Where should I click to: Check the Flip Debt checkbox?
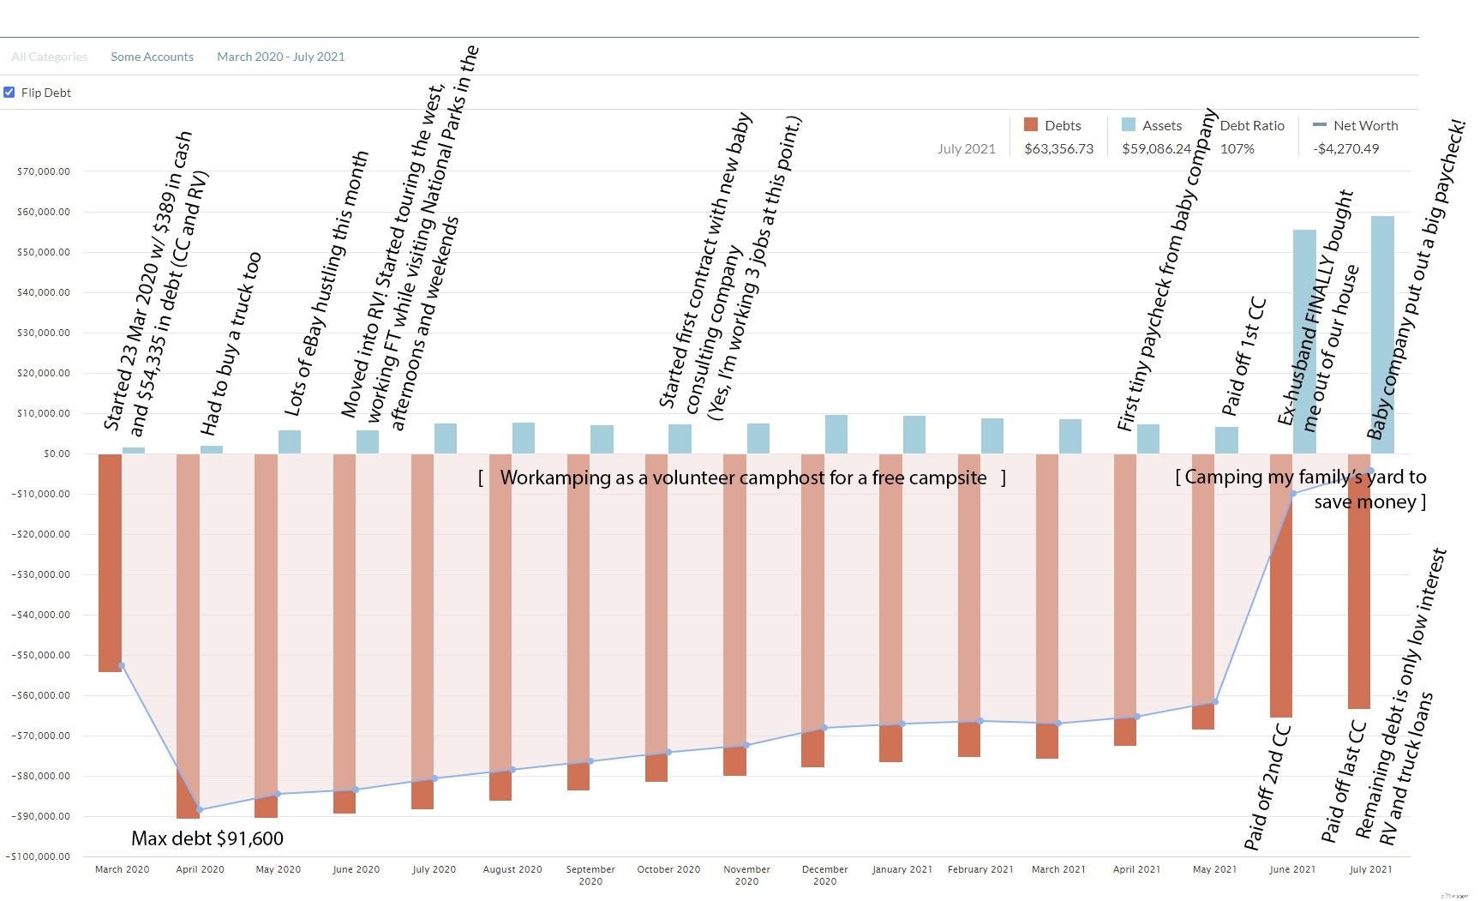point(9,93)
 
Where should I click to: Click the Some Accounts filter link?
point(152,57)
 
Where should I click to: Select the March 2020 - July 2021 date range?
point(280,57)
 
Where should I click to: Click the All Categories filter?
point(49,57)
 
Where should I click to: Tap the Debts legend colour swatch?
point(1031,125)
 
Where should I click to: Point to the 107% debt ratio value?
point(1237,148)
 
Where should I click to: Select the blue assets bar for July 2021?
point(1382,334)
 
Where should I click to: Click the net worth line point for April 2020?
point(200,809)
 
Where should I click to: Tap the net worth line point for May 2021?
point(1214,702)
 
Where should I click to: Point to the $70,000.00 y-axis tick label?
point(44,171)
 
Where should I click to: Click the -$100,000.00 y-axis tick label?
point(39,856)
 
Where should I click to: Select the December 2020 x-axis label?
point(824,874)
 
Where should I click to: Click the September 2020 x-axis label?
point(590,874)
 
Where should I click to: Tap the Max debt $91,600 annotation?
point(207,838)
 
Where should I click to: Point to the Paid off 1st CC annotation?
point(1243,357)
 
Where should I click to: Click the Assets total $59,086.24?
point(1156,148)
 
